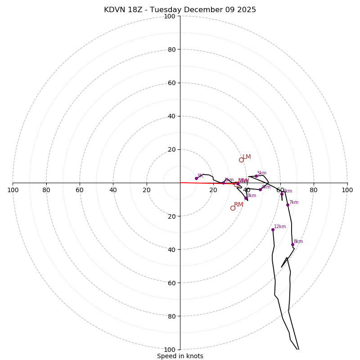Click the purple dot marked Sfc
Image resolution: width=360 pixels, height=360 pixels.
(x=196, y=178)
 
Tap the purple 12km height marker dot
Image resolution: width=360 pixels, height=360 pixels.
(x=273, y=229)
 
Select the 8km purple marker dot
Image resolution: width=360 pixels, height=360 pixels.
(x=292, y=244)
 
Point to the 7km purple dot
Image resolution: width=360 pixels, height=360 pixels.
(x=288, y=205)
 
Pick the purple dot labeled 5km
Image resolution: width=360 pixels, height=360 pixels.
(x=256, y=176)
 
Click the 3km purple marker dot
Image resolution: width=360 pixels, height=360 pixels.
(x=246, y=198)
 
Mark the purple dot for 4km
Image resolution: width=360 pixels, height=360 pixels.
(x=260, y=189)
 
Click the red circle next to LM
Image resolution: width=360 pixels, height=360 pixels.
(x=241, y=160)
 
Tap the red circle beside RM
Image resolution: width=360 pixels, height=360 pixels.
(x=233, y=208)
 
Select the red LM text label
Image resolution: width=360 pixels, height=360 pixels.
(x=247, y=157)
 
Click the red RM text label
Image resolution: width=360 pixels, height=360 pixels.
(x=238, y=205)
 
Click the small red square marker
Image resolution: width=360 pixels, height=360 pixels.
(x=236, y=184)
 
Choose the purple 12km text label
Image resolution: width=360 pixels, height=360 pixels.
(x=280, y=226)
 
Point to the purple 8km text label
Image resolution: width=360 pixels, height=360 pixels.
(x=298, y=242)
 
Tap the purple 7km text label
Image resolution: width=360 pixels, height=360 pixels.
(x=294, y=202)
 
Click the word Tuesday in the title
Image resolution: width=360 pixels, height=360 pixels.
(x=166, y=10)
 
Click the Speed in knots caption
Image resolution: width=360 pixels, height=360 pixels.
(x=180, y=356)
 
